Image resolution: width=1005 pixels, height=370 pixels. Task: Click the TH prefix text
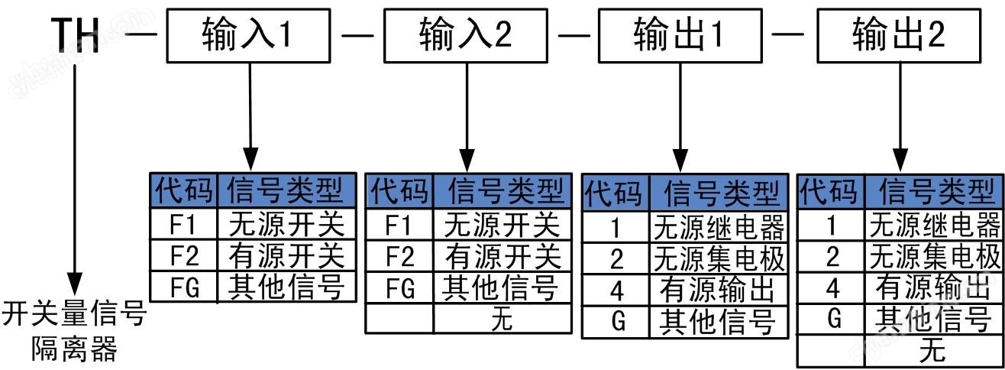[76, 36]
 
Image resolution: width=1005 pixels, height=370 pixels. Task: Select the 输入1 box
[247, 35]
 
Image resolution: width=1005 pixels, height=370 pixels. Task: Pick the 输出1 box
[680, 35]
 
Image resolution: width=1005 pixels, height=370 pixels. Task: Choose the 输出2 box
[899, 35]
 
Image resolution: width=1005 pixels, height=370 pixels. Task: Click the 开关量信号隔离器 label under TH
[75, 332]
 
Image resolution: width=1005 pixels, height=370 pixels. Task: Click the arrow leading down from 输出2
[900, 115]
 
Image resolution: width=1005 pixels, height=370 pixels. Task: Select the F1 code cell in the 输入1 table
[183, 224]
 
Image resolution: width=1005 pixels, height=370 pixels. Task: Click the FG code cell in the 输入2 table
[399, 288]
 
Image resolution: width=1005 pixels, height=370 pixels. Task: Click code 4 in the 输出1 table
[616, 290]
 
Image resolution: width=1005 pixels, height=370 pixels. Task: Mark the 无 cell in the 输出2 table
[933, 351]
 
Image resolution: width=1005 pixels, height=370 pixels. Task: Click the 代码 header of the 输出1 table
[615, 193]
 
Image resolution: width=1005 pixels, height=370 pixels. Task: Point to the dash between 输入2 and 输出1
[575, 35]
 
